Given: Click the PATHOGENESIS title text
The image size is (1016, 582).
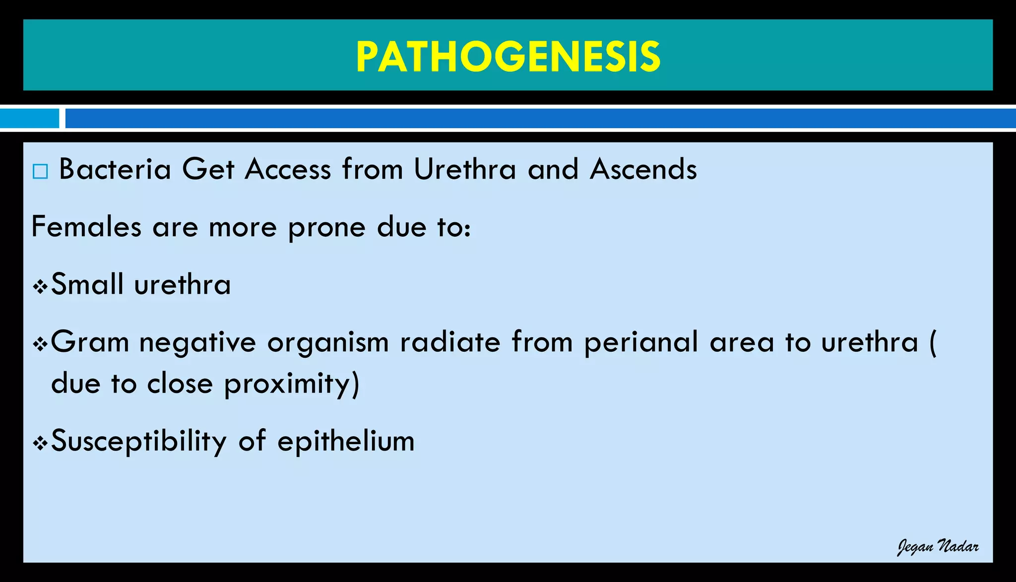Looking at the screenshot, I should pyautogui.click(x=508, y=57).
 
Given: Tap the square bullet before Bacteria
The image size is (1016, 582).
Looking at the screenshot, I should pyautogui.click(x=40, y=172).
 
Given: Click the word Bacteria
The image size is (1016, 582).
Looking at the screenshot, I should pyautogui.click(x=115, y=169).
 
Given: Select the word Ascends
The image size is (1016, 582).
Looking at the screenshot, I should pyautogui.click(x=643, y=169).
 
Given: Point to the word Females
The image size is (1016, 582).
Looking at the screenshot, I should pyautogui.click(x=86, y=227).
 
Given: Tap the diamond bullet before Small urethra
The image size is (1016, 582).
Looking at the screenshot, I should pyautogui.click(x=40, y=287).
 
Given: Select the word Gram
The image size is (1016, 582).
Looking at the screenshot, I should pyautogui.click(x=90, y=342).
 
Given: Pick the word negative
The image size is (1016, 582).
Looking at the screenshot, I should pyautogui.click(x=197, y=342).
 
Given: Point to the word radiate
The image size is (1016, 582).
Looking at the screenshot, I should pyautogui.click(x=450, y=342).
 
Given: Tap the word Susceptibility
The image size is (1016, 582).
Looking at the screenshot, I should pyautogui.click(x=138, y=441).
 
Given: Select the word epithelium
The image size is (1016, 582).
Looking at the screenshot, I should pyautogui.click(x=346, y=441).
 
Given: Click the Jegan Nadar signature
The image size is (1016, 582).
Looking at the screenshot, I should pyautogui.click(x=938, y=547).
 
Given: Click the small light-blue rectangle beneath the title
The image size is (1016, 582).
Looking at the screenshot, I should pyautogui.click(x=29, y=118).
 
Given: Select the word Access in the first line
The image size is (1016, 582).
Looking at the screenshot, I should pyautogui.click(x=288, y=169).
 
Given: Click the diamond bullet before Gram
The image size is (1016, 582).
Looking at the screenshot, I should pyautogui.click(x=40, y=344).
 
